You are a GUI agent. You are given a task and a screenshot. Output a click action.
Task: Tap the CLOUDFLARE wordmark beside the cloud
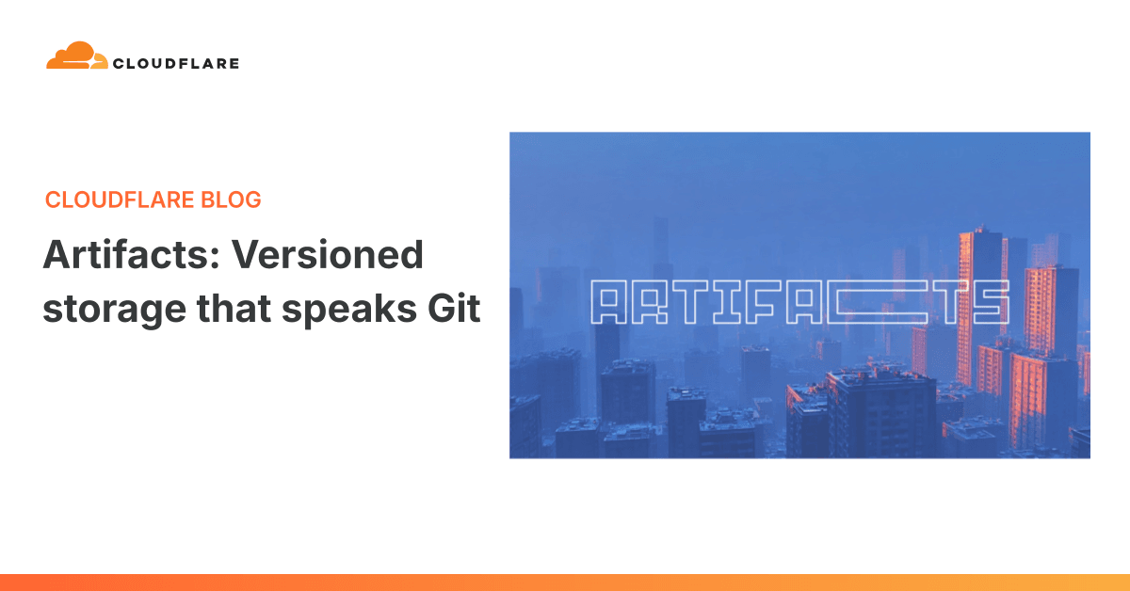[x=175, y=64]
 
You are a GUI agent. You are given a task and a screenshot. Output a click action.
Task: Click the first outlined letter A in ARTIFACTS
[x=607, y=303]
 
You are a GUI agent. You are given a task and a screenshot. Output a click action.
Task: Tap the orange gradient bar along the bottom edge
[x=565, y=583]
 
